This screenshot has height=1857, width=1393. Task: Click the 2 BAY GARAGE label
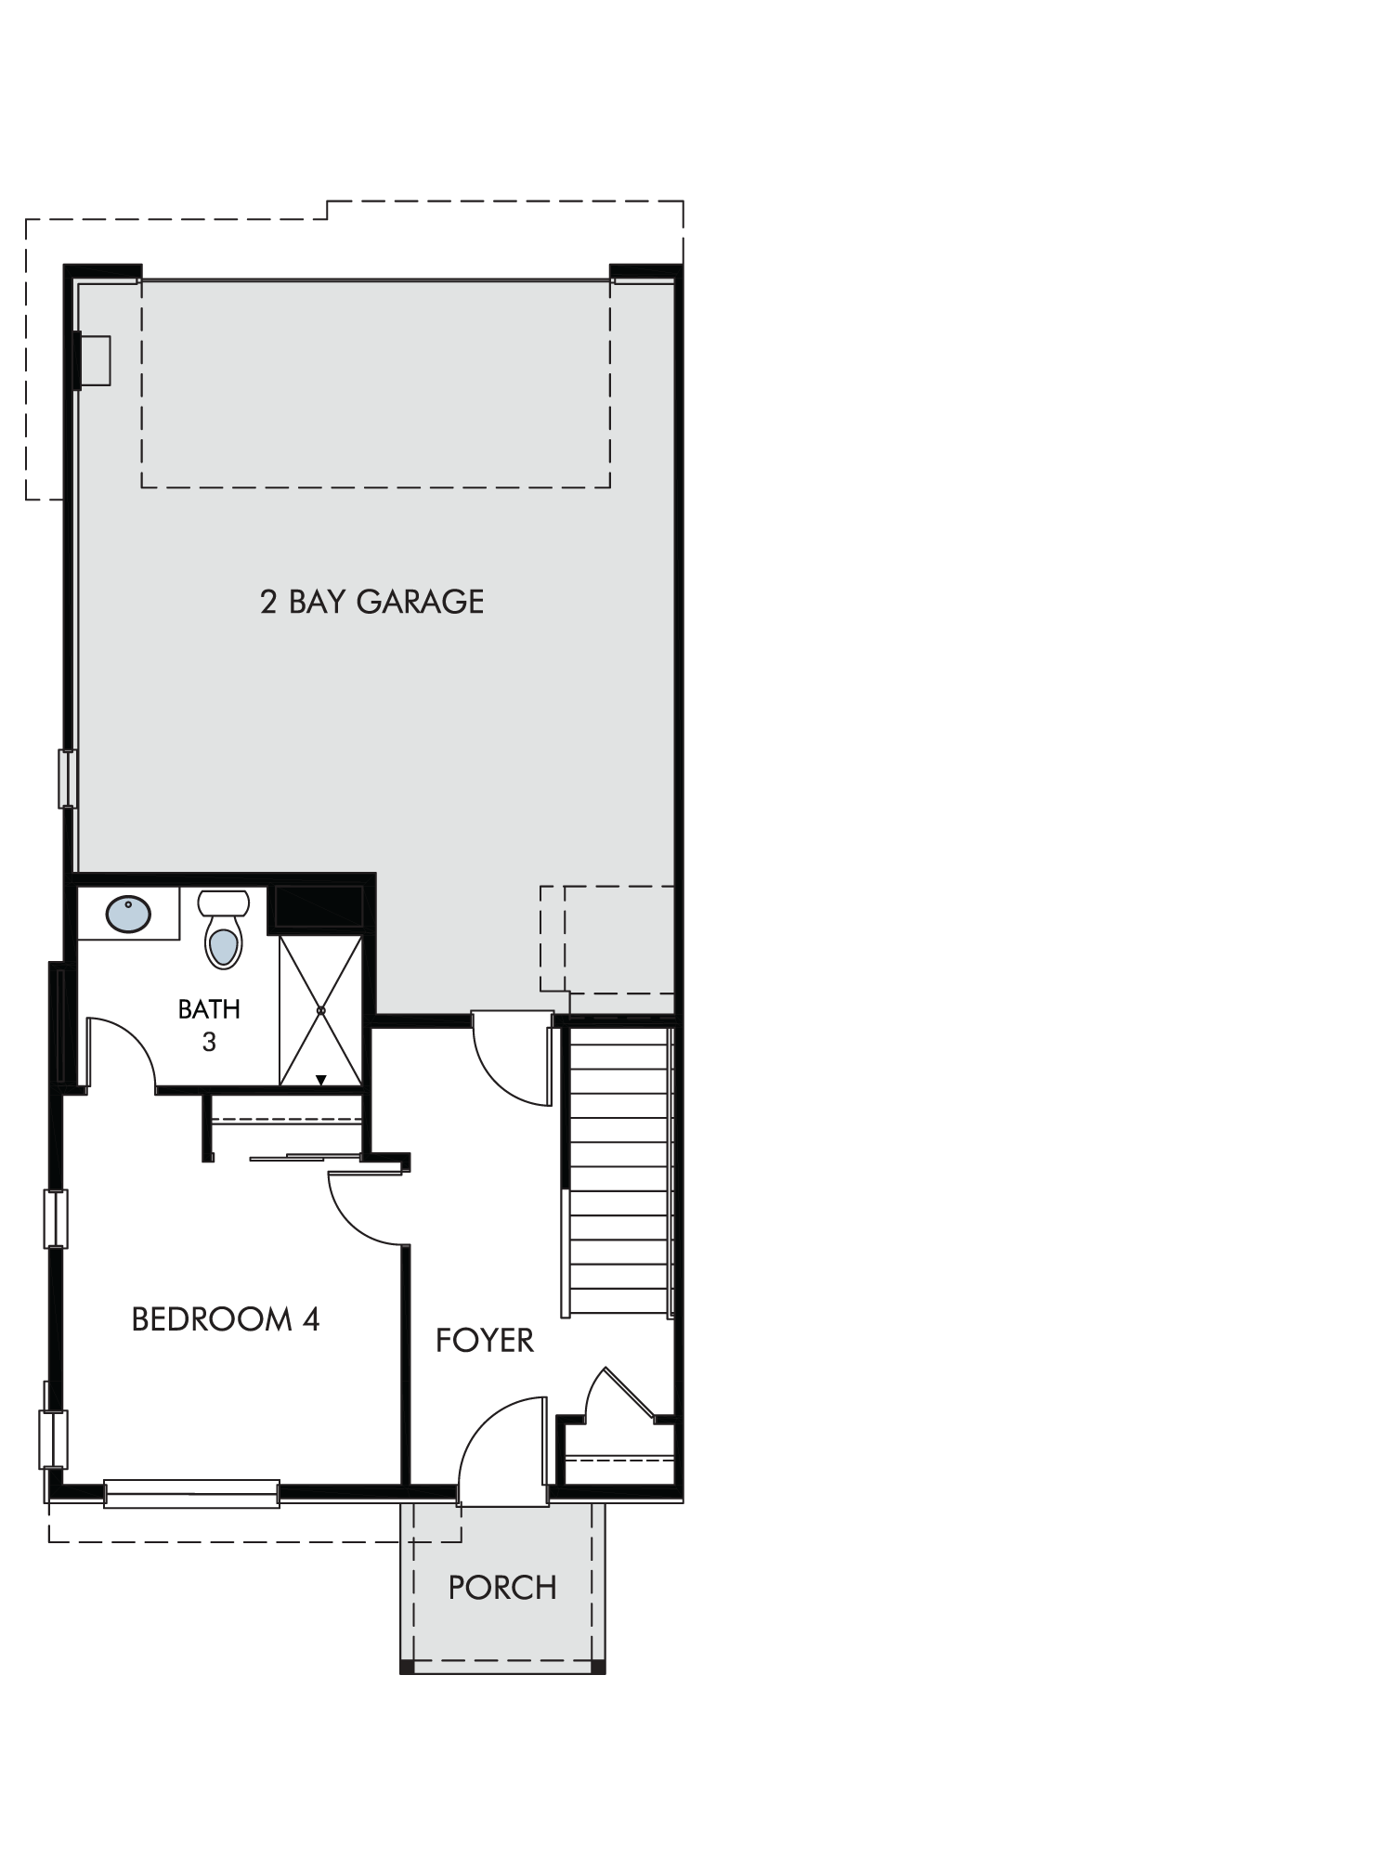(x=371, y=602)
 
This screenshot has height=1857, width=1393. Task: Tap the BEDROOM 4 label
(x=226, y=1319)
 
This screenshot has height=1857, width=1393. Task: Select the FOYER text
(x=485, y=1341)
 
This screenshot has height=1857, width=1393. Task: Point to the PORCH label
(x=502, y=1589)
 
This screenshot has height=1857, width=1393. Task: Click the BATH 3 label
(x=209, y=1025)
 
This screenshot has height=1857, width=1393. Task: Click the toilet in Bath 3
(x=224, y=928)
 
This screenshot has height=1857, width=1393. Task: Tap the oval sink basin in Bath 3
(x=128, y=914)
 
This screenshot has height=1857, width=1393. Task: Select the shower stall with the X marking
(x=320, y=1010)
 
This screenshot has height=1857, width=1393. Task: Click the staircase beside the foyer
(x=618, y=1172)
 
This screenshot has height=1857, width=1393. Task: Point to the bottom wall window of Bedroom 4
(x=191, y=1493)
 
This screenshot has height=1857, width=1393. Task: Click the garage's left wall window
(x=68, y=778)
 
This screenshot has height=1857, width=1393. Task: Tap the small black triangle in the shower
(x=320, y=1080)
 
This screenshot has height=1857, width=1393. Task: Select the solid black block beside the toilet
(x=316, y=907)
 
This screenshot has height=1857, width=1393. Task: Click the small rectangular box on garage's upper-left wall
(x=94, y=360)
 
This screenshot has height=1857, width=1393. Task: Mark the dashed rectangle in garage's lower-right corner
(x=607, y=939)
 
